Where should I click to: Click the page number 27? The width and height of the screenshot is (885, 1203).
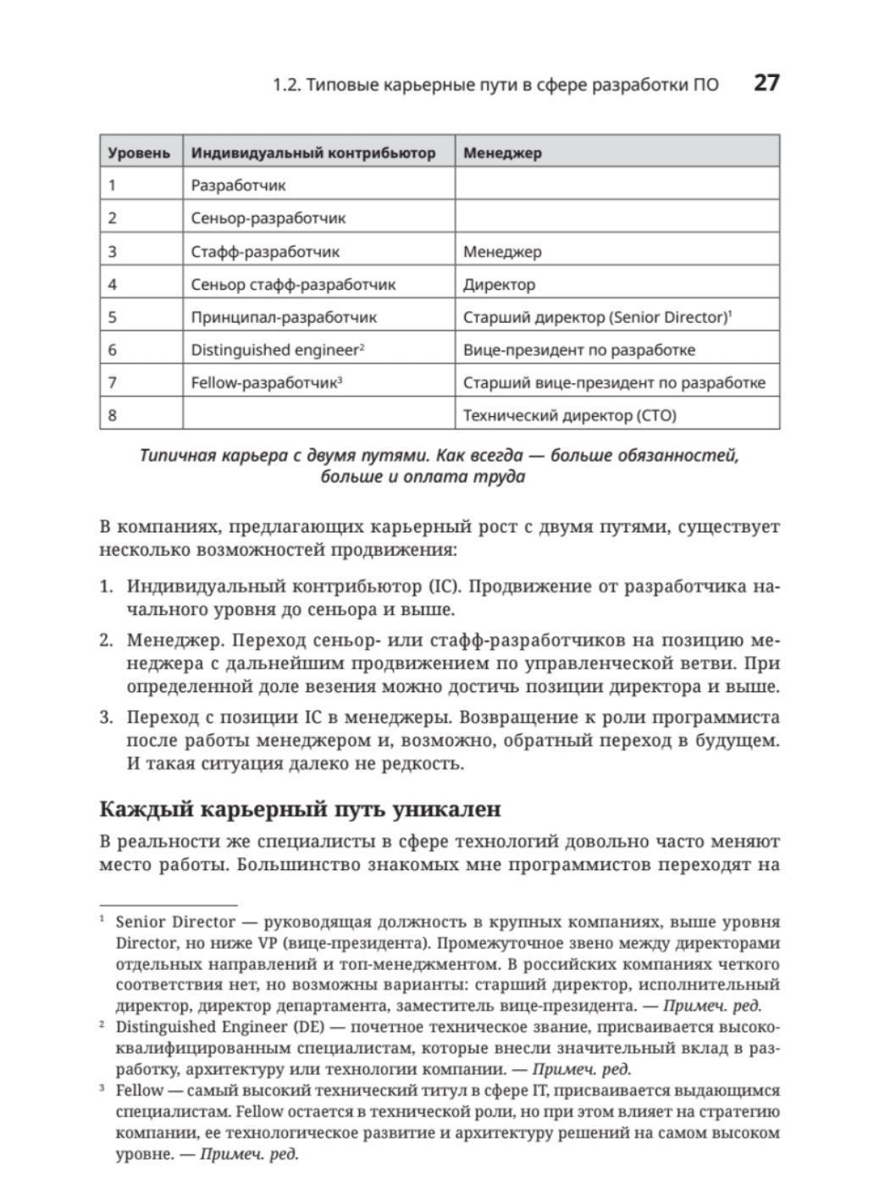[x=766, y=83]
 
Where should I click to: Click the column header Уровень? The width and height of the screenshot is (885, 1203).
[x=139, y=153]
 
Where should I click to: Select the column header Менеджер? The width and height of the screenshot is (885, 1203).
[x=502, y=153]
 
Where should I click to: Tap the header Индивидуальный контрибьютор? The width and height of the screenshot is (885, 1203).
[x=313, y=153]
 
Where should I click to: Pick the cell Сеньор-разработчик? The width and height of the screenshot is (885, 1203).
[x=268, y=218]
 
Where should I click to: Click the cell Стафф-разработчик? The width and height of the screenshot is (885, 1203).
[x=265, y=252]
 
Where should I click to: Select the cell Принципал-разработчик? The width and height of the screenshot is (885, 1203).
[x=284, y=317]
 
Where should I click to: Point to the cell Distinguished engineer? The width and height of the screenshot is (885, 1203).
[x=275, y=350]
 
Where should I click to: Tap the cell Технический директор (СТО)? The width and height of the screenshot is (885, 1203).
[x=569, y=415]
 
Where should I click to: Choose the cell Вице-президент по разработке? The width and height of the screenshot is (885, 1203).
[x=578, y=350]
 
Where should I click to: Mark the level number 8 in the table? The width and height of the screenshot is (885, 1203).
[x=113, y=415]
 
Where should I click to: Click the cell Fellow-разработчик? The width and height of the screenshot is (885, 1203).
[x=264, y=382]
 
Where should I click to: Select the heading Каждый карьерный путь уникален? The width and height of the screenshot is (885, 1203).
[x=300, y=809]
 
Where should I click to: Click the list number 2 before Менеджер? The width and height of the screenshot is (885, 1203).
[x=106, y=640]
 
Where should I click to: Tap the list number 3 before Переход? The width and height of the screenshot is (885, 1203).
[x=106, y=718]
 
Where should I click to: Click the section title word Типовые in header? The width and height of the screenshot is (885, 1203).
[x=341, y=86]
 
